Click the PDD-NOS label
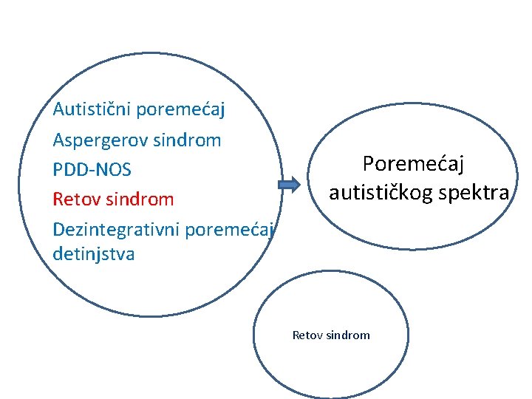pyautogui.click(x=92, y=170)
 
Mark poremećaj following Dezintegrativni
pyautogui.click(x=231, y=230)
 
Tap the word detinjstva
pyautogui.click(x=94, y=255)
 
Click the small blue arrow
pyautogui.click(x=289, y=184)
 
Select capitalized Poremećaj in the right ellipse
pyautogui.click(x=418, y=164)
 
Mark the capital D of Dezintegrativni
pyautogui.click(x=59, y=230)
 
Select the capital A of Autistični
pyautogui.click(x=60, y=110)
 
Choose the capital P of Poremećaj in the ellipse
pyautogui.click(x=369, y=164)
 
